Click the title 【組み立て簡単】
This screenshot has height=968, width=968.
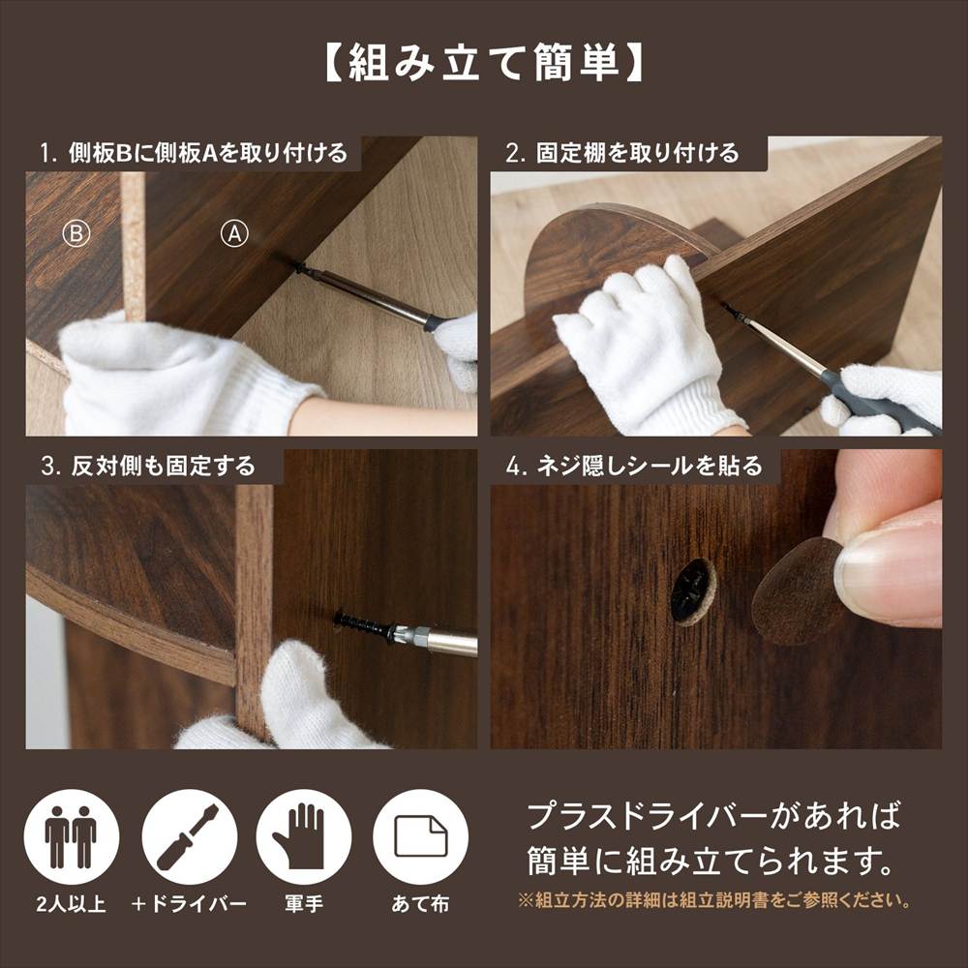pos(483,63)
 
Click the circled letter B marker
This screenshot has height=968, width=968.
pos(76,234)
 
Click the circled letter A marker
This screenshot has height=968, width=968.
pos(234,234)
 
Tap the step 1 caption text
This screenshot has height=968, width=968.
pos(194,153)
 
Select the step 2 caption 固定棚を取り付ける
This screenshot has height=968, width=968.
pos(621,153)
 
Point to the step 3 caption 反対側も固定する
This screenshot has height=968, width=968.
pos(147,466)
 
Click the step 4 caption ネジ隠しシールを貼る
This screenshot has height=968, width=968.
pos(634,466)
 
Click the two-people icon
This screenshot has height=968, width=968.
pos(71,836)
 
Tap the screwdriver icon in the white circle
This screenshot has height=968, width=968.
pos(190,836)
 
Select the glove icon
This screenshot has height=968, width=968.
pos(304,836)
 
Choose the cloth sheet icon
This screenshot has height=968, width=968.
pos(420,836)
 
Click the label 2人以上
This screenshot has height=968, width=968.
pos(71,904)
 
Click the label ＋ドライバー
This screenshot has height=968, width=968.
pos(189,904)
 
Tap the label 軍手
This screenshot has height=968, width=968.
pos(304,904)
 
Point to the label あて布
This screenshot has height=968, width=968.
pos(420,904)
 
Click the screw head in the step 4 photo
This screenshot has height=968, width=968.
pos(693,590)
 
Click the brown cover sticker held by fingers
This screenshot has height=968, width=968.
pos(795,592)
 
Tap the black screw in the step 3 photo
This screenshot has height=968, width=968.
pos(362,624)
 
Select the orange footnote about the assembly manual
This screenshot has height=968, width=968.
pos(715,900)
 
